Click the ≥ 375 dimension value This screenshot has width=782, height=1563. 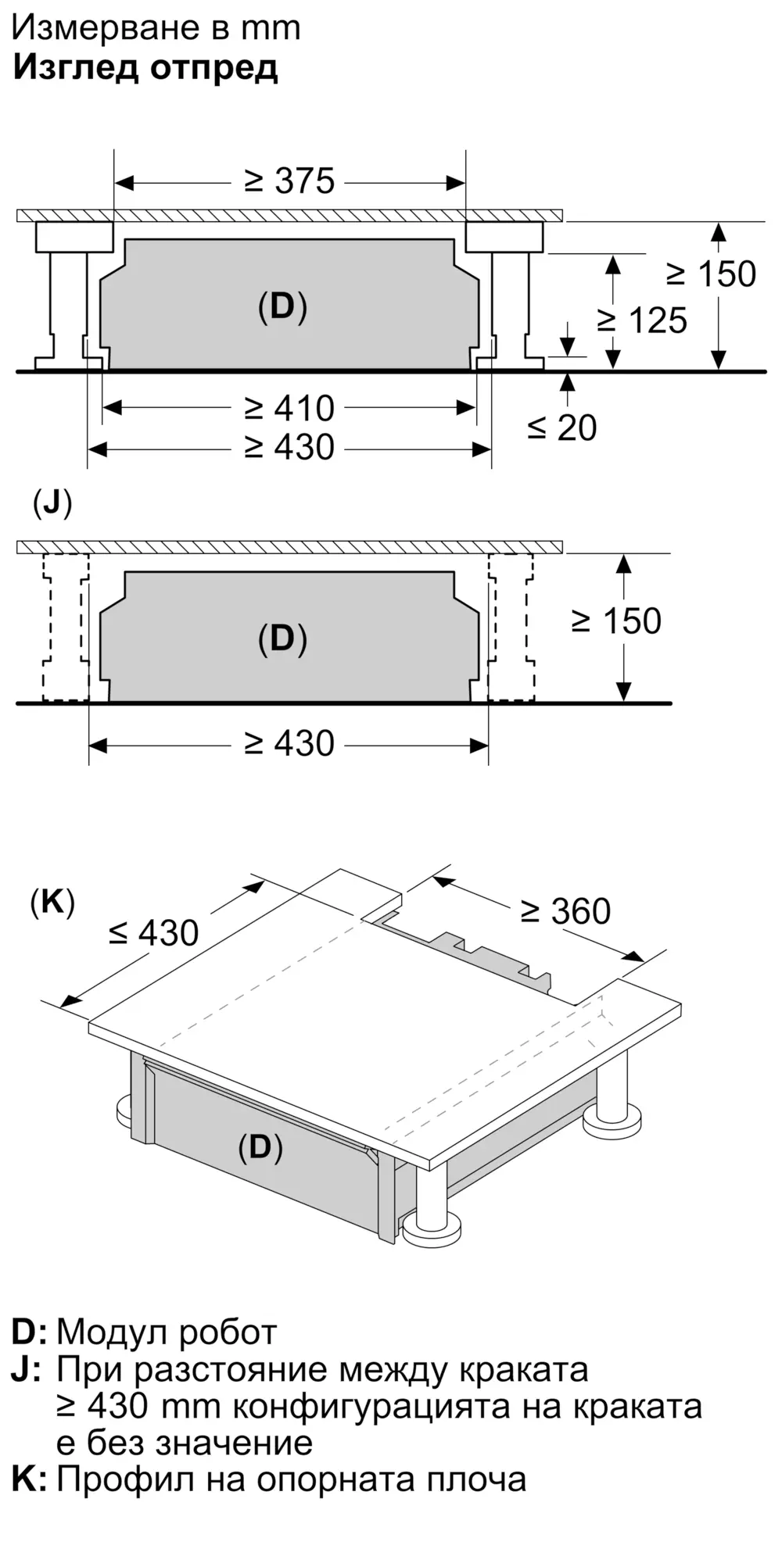(x=289, y=181)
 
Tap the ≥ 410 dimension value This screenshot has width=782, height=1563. (x=289, y=408)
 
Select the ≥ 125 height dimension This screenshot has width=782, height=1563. (x=642, y=320)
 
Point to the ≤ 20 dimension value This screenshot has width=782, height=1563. (x=561, y=427)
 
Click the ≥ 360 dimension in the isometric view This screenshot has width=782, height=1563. (x=565, y=911)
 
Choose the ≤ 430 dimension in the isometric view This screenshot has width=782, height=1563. (x=153, y=932)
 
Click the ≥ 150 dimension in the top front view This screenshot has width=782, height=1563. (x=711, y=274)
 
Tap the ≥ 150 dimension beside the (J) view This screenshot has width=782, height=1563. (x=616, y=621)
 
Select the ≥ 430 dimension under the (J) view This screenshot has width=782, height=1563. (x=289, y=743)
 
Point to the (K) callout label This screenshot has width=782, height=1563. (x=52, y=903)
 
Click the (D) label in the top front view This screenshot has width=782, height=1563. (x=282, y=307)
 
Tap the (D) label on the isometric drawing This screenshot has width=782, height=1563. (x=260, y=1146)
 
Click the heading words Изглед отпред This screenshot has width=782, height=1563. (x=145, y=68)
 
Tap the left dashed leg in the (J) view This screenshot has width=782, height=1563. (x=66, y=627)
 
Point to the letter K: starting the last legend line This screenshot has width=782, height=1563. (x=29, y=1479)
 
